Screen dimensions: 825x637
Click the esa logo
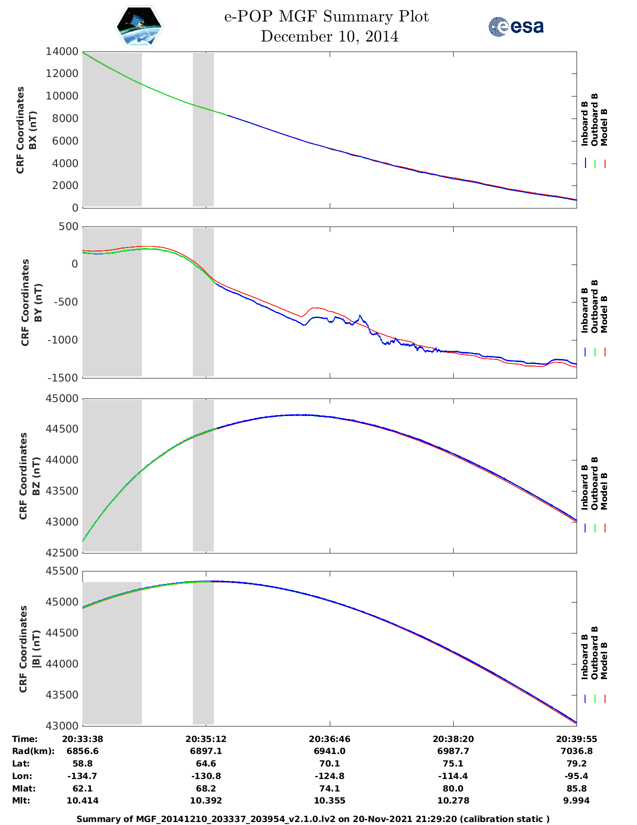point(516,26)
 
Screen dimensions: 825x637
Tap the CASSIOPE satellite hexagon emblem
point(139,27)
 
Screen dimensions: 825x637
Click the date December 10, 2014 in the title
point(329,36)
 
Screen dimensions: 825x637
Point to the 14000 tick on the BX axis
point(62,51)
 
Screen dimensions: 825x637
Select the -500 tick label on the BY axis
point(62,302)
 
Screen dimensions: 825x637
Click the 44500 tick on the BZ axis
point(62,429)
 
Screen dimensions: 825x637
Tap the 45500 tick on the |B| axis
point(62,571)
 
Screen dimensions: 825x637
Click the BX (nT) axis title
point(33,130)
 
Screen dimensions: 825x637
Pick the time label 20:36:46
point(329,739)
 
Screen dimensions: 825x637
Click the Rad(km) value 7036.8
point(577,751)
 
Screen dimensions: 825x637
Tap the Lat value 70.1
point(329,763)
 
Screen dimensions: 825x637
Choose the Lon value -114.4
point(453,776)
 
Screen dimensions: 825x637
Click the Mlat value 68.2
point(206,788)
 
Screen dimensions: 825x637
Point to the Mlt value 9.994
point(577,800)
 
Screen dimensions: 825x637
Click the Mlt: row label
point(21,800)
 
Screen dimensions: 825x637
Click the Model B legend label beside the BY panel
point(604,314)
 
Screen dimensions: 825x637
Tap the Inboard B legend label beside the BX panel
point(585,123)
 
